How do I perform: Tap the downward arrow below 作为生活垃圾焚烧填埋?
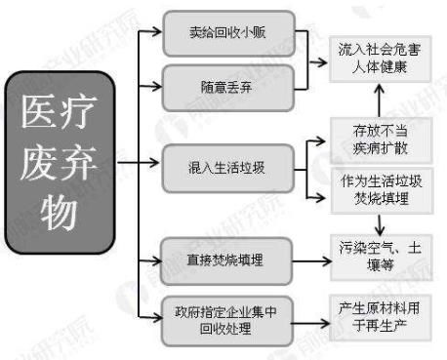click(x=375, y=221)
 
